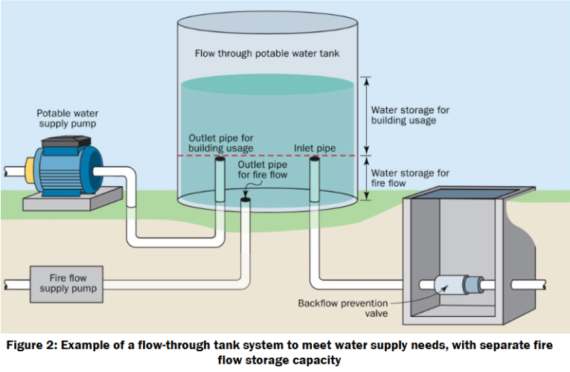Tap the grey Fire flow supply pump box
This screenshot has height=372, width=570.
tap(68, 283)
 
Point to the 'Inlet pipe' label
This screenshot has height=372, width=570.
tap(314, 148)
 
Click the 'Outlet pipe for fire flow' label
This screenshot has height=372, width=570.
tap(260, 170)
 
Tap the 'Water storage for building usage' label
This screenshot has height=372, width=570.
tap(409, 115)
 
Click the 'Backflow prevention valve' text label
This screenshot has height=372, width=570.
tap(333, 308)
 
